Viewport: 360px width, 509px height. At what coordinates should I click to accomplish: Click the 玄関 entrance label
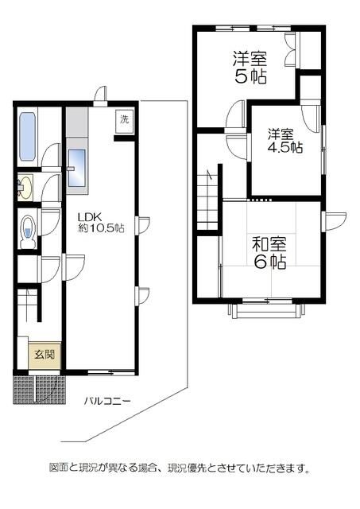point(44,356)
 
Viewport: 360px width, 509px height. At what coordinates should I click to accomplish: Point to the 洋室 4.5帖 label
point(284,140)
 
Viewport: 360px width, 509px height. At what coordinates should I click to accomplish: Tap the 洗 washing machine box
point(124,120)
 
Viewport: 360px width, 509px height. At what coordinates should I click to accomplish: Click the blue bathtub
point(27,136)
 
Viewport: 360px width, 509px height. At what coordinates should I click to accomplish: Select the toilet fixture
point(28,227)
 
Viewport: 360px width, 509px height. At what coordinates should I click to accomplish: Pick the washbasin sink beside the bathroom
point(25,188)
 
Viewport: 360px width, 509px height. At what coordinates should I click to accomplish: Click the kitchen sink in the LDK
point(76,169)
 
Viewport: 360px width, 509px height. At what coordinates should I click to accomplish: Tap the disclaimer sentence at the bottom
point(180,468)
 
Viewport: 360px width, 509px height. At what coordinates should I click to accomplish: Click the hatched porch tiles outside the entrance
point(37,389)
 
